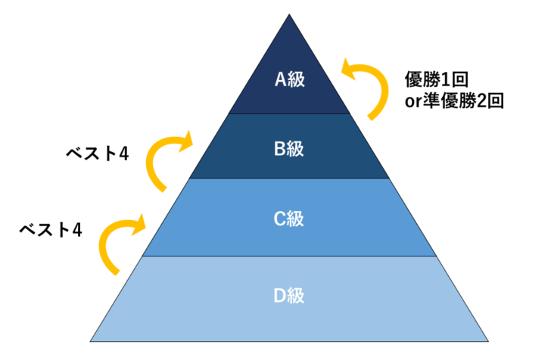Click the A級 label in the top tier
[288, 79]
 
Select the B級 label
[288, 147]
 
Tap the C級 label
[288, 219]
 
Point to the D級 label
[288, 295]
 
